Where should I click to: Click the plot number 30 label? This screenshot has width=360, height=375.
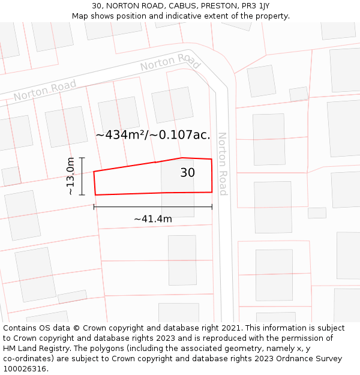coord(187,173)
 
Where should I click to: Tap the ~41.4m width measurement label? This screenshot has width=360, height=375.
coord(153,219)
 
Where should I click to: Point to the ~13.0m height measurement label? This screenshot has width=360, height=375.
coord(70,176)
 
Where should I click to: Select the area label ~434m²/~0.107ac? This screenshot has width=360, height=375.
coord(153,135)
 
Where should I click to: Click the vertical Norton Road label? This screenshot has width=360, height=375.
coord(223,164)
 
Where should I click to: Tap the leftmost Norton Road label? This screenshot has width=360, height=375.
coord(45,91)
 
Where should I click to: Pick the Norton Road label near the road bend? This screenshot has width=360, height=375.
coord(170,62)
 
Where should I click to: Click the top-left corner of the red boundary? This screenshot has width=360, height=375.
coord(94,172)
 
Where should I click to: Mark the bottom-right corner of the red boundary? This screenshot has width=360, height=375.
coord(212,192)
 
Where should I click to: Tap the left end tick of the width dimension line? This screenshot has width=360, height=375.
coord(94,207)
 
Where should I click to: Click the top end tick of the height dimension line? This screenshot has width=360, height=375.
coord(82,158)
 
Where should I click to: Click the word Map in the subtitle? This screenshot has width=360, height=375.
coord(80,16)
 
